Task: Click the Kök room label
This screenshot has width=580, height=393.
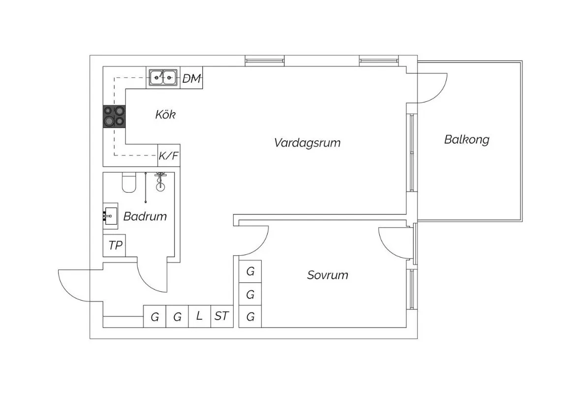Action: coord(165,114)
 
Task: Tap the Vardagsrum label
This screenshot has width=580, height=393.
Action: coord(307,143)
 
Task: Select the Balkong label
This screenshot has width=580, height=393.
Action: coord(467,139)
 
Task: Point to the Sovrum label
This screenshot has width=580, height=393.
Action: coord(328,275)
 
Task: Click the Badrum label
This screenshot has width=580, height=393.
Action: coord(145,216)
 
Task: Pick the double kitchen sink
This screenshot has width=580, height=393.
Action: coord(163,78)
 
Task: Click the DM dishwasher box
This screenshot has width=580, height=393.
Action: coord(191,78)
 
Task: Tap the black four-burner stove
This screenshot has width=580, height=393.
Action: coord(114,117)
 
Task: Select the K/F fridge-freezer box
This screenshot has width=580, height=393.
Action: coord(169,155)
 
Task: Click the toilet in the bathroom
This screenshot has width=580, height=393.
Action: coord(129,182)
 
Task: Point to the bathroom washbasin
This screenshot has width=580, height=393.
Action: coord(110,216)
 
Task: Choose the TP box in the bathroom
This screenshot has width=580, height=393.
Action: coord(114,245)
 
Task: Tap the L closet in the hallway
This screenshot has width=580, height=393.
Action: coord(200,316)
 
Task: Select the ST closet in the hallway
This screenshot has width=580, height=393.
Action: coord(222,316)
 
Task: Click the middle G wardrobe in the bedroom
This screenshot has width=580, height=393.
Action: coord(250,294)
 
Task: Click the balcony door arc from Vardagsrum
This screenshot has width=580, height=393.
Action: coord(439,94)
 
